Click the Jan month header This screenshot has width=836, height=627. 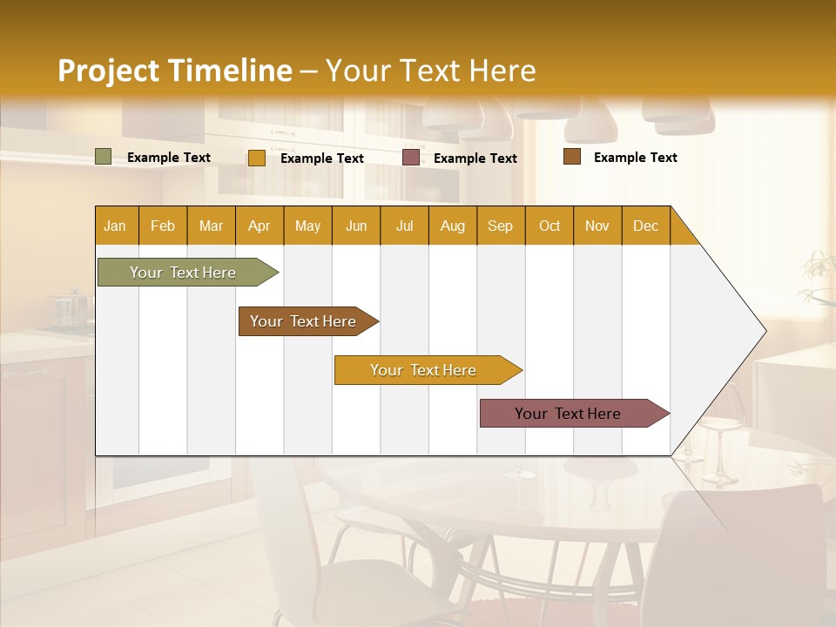[x=116, y=226]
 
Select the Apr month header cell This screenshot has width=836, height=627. [x=260, y=226]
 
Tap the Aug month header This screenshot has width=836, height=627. [x=453, y=226]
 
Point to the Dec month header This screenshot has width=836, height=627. [x=645, y=226]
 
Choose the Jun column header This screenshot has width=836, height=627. [x=356, y=226]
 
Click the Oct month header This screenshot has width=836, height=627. [x=549, y=226]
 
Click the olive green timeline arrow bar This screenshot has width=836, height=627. [x=184, y=273]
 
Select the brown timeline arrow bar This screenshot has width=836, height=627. [x=304, y=321]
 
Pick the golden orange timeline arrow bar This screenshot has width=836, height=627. [x=424, y=370]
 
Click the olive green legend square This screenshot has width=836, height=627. [x=104, y=157]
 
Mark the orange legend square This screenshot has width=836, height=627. [x=256, y=158]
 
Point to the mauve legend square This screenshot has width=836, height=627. [x=411, y=158]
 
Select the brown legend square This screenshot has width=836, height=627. [x=572, y=157]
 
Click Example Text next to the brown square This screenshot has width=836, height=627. [x=635, y=158]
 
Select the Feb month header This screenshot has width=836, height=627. [x=163, y=226]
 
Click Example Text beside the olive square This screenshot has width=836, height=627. [x=169, y=158]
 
